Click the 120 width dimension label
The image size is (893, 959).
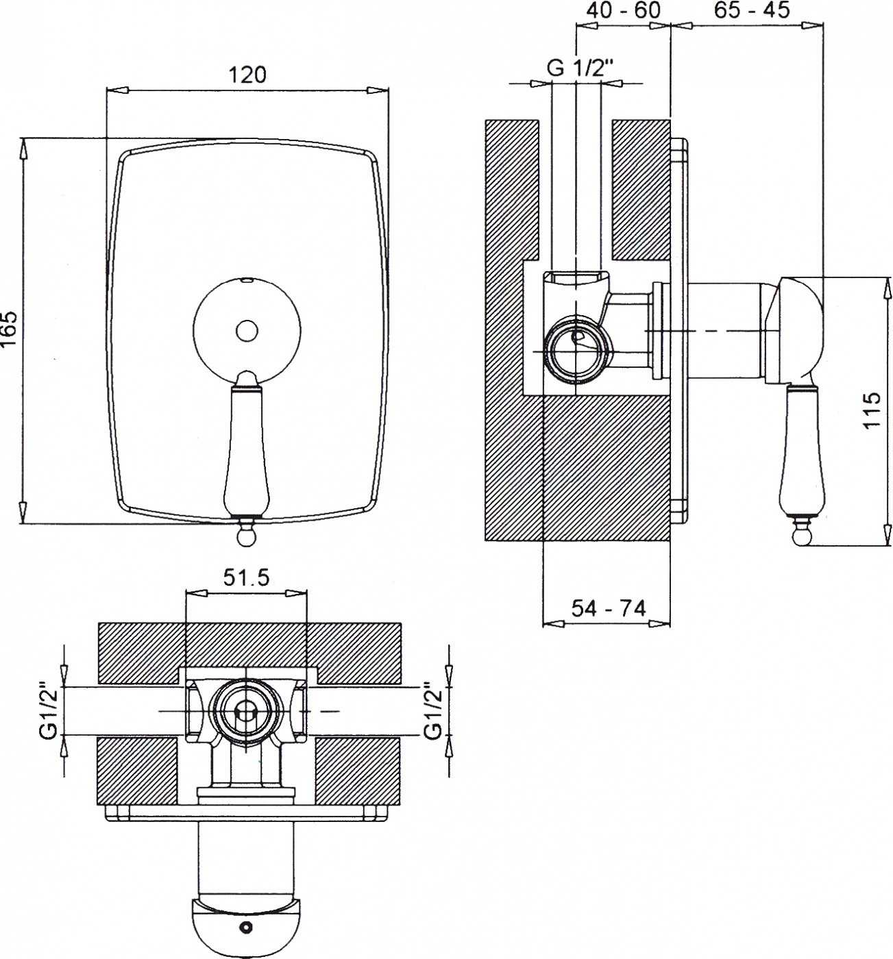(x=247, y=75)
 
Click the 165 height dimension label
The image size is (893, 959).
(x=9, y=328)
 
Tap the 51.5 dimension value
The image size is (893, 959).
(x=246, y=578)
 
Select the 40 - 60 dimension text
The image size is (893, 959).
(x=624, y=10)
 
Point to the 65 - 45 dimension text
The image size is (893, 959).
(x=752, y=10)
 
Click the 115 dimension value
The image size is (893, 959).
(x=872, y=411)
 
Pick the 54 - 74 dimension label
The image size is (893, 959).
(x=609, y=608)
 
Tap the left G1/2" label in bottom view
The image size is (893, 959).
(x=49, y=710)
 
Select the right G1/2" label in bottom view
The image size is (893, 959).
(x=433, y=710)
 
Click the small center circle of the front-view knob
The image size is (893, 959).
(x=247, y=331)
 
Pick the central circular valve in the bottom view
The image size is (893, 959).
(x=247, y=711)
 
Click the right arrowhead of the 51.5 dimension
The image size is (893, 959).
(x=295, y=593)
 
